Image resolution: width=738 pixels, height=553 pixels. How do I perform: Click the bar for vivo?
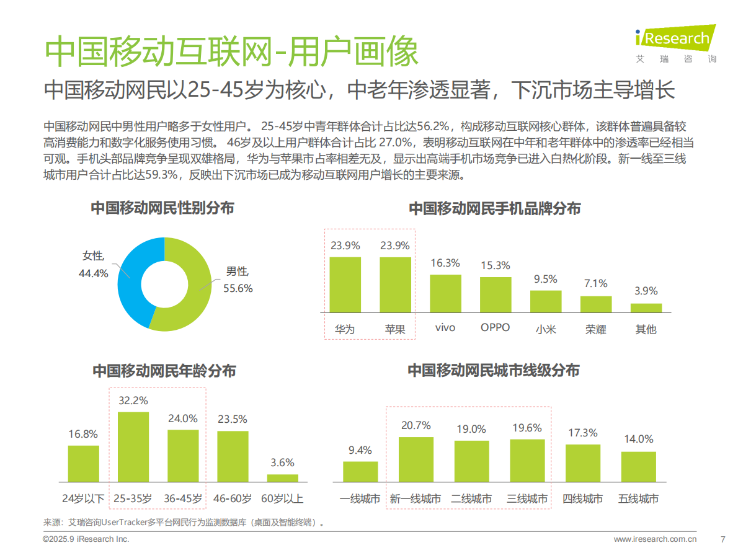coord(445,293)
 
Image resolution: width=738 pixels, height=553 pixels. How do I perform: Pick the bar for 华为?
coord(345,285)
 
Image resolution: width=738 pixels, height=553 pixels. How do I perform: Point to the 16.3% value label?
coord(445,263)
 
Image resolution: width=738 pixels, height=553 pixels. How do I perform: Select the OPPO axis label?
coord(495,327)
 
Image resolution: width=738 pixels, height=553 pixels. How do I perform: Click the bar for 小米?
coord(546,301)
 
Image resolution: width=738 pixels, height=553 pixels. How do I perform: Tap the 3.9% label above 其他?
coord(646,291)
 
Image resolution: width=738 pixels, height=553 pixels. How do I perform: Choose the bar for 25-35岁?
coord(133,447)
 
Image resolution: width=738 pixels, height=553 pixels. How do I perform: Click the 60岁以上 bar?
coord(283,478)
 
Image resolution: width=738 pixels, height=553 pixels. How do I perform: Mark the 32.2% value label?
coord(133,401)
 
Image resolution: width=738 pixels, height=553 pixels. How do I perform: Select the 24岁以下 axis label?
coord(83,499)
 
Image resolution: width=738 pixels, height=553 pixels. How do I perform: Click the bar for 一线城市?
coord(360,472)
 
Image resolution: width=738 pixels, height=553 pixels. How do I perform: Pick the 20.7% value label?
coord(416,426)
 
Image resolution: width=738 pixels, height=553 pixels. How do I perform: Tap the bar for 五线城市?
coord(638,467)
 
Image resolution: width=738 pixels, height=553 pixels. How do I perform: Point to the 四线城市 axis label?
coord(582,499)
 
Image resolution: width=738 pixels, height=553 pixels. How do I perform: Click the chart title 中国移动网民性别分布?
coord(162,208)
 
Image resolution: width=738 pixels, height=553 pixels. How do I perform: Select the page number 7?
coord(722,539)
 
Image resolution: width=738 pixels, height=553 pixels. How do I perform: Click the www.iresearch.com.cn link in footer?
coord(655,539)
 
